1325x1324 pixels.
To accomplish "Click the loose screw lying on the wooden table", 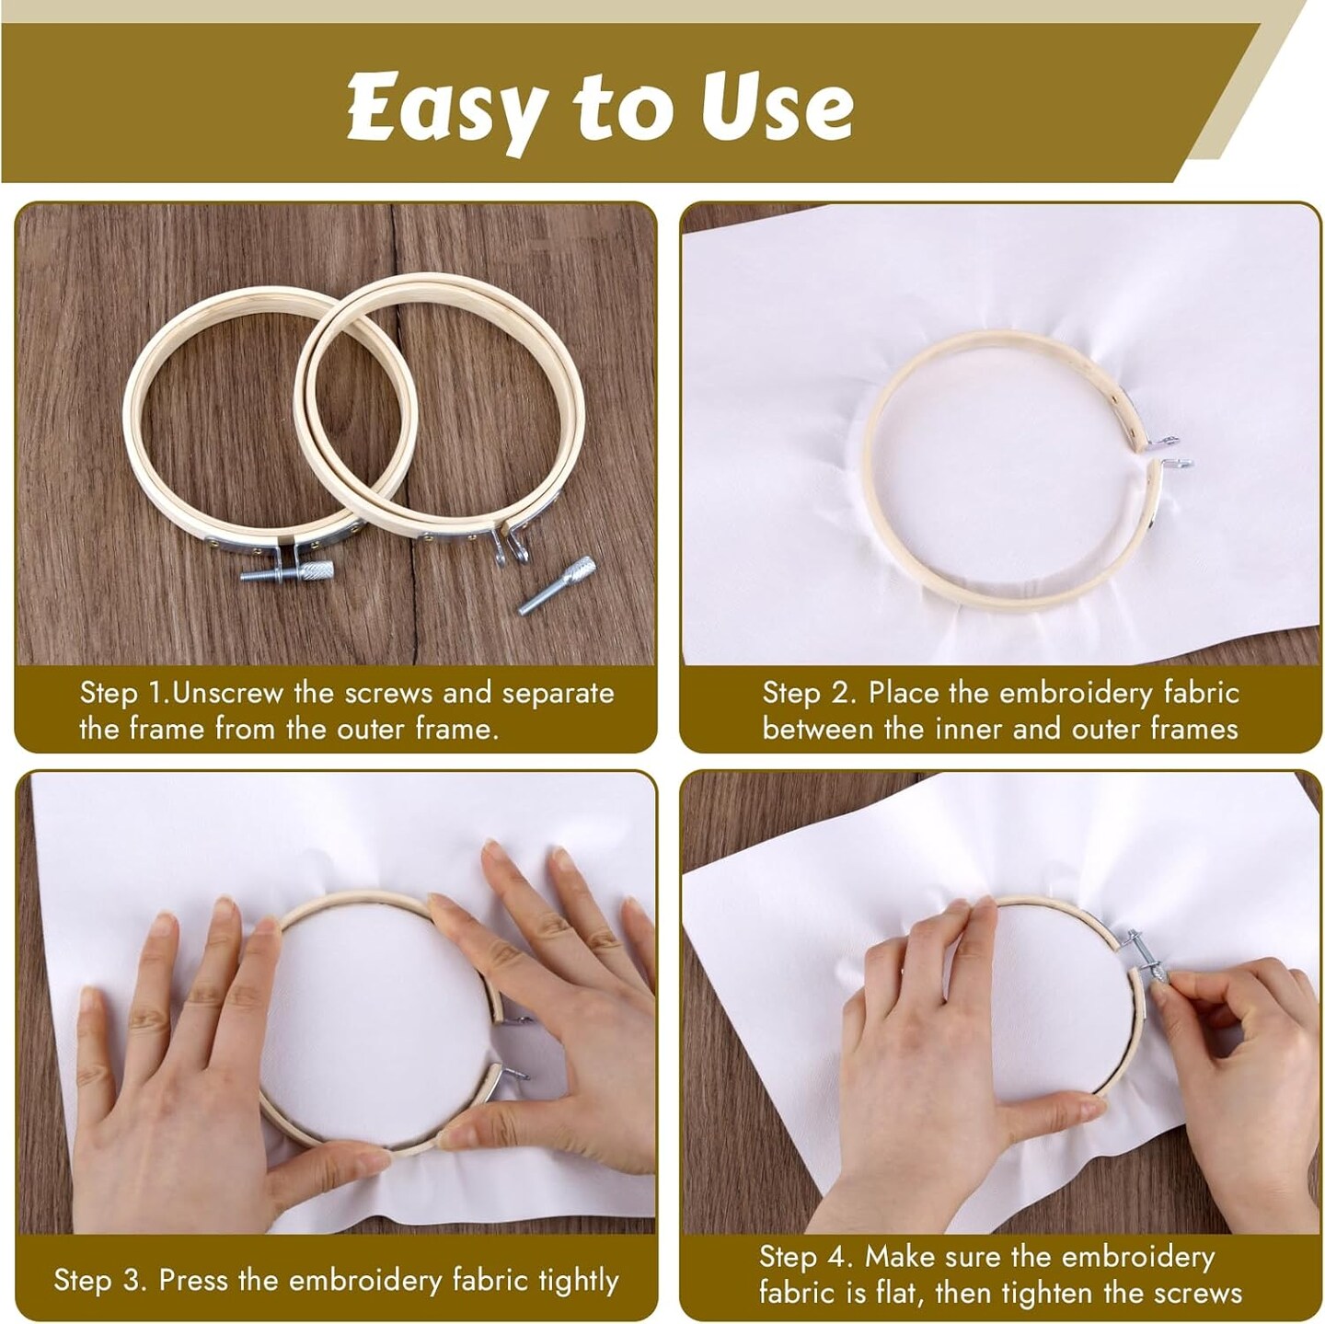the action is click(x=557, y=586).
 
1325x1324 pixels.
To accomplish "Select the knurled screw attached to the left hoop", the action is click(x=287, y=571).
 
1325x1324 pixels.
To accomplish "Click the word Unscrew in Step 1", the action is click(x=227, y=693).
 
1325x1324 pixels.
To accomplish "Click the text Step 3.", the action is click(x=100, y=1262).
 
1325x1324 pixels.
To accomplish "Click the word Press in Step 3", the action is click(x=193, y=1261).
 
